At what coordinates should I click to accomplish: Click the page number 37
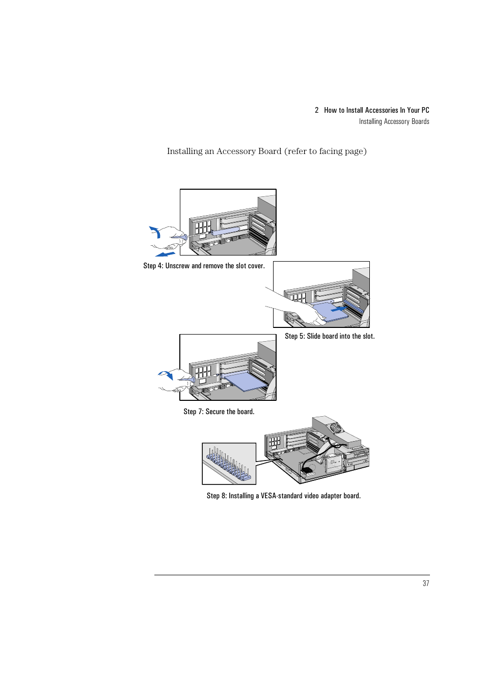pyautogui.click(x=426, y=583)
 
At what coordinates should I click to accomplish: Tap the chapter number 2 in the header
pyautogui.click(x=316, y=110)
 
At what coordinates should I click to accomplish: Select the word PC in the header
pyautogui.click(x=425, y=110)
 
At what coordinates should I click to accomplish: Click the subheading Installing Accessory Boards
pyautogui.click(x=394, y=121)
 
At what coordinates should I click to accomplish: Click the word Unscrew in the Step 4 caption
pyautogui.click(x=177, y=266)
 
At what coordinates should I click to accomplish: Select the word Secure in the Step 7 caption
pyautogui.click(x=215, y=412)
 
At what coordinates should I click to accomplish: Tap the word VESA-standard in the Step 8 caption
pyautogui.click(x=282, y=496)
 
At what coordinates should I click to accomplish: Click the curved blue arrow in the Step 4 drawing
pyautogui.click(x=155, y=232)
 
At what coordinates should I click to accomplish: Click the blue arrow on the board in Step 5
pyautogui.click(x=339, y=309)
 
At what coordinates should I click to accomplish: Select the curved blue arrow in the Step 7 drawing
pyautogui.click(x=166, y=375)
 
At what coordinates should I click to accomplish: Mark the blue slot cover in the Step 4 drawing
pyautogui.click(x=225, y=231)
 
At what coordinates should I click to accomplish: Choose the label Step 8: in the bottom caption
pyautogui.click(x=217, y=496)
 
